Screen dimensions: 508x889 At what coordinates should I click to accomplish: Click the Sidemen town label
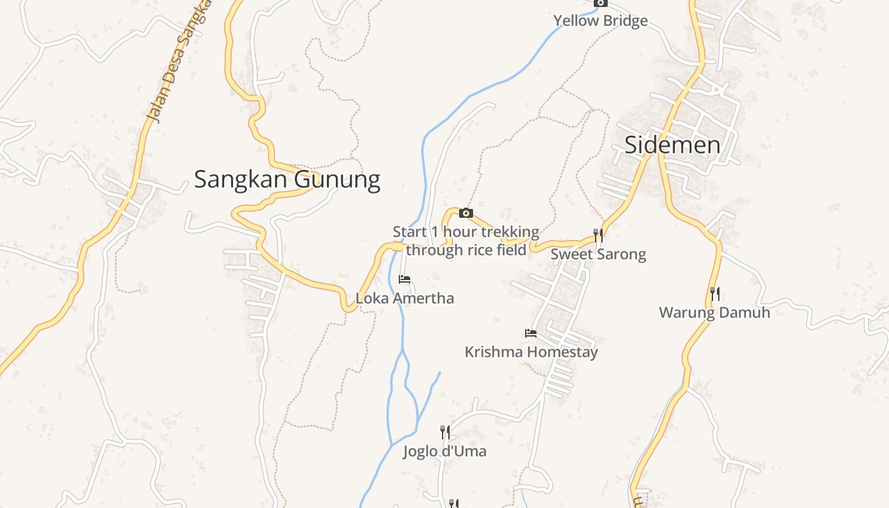coord(672,145)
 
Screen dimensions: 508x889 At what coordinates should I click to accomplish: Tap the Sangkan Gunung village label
coord(287,180)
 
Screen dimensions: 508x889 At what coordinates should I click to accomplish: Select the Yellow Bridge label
coord(600,20)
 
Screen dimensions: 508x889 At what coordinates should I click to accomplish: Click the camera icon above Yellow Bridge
coord(600,3)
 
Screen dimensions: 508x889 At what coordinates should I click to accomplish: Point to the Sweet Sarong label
coord(598,254)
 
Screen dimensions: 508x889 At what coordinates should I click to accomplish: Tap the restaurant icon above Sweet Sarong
coord(598,236)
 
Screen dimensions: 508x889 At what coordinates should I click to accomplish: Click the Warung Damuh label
coord(714,312)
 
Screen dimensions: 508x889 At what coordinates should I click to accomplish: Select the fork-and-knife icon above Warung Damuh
coord(715,294)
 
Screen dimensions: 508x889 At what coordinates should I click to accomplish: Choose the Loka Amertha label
coord(404,298)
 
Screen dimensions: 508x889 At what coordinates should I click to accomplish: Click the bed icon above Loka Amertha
coord(404,279)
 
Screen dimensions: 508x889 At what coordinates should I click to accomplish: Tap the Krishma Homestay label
coord(531,352)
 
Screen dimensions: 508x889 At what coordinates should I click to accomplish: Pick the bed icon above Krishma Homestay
coord(531,333)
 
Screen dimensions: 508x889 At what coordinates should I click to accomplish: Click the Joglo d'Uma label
coord(444,451)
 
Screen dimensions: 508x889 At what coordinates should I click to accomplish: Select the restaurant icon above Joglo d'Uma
coord(445,433)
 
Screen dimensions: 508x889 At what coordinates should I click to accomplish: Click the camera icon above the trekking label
coord(466,213)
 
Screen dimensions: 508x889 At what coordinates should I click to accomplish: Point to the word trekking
coord(510,232)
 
